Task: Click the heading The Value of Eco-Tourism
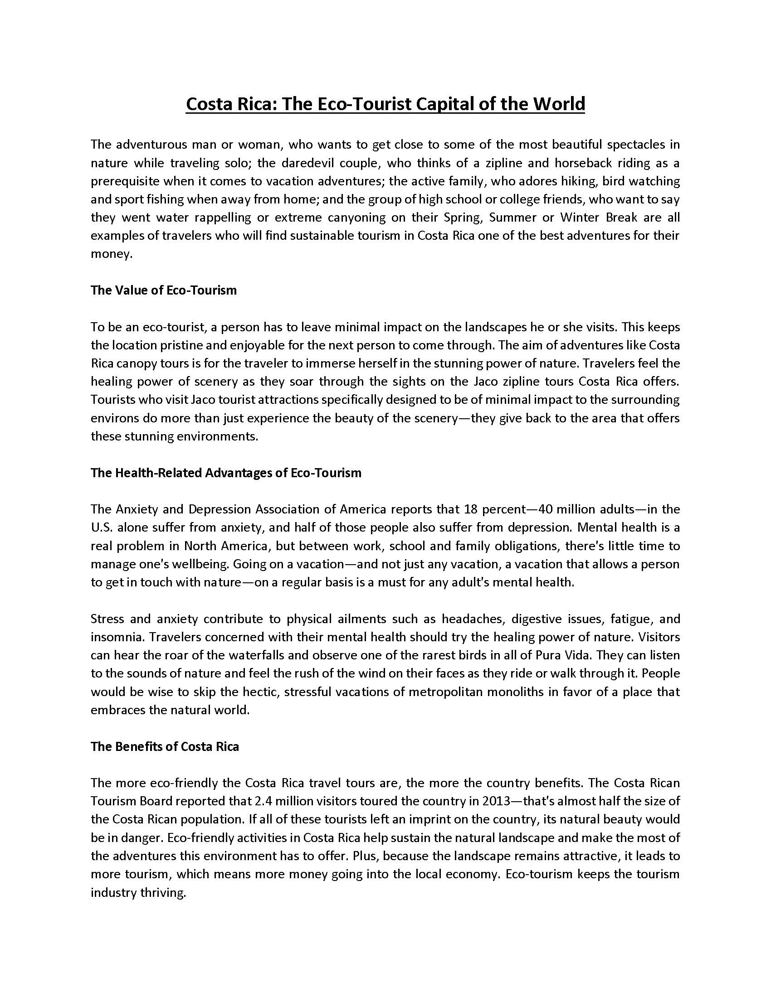click(164, 290)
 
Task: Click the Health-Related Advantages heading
click(226, 473)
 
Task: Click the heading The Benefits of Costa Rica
click(165, 746)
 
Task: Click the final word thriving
click(164, 892)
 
